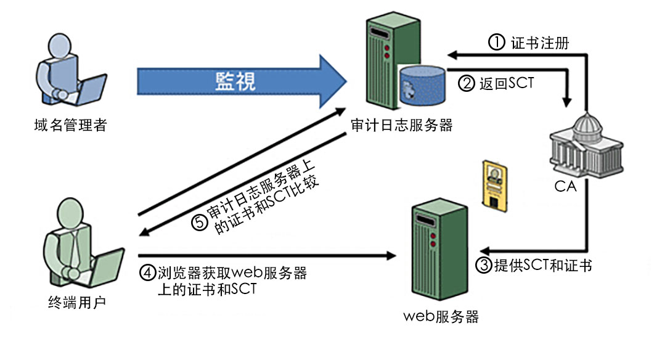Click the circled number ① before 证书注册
[497, 43]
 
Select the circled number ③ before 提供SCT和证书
[484, 266]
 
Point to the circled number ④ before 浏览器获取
[148, 272]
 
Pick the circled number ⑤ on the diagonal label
[199, 223]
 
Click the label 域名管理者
[71, 126]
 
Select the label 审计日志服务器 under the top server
[401, 125]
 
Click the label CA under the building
[565, 186]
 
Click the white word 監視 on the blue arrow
[235, 80]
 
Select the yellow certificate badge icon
[496, 183]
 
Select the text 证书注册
[540, 43]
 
